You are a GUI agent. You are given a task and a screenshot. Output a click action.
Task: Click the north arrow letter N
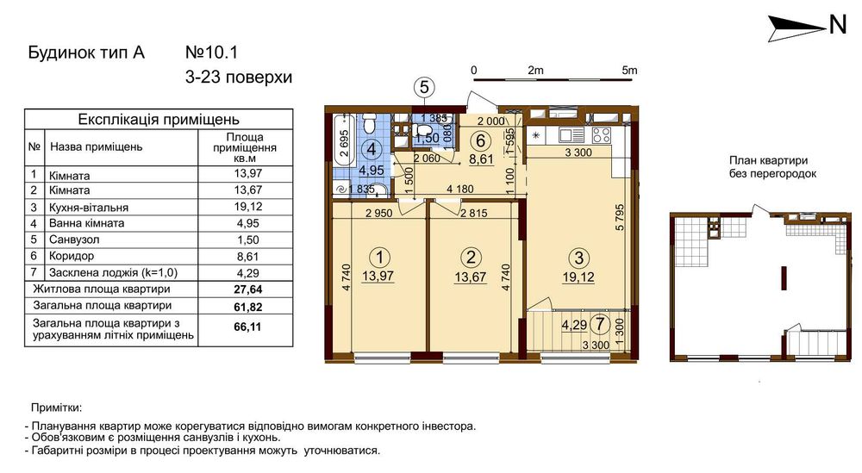click(x=837, y=25)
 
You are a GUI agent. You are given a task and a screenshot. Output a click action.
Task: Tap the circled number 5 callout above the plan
click(x=424, y=87)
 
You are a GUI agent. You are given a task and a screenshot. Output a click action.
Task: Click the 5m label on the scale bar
click(x=629, y=71)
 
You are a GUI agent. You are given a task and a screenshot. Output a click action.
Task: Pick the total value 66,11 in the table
click(x=248, y=327)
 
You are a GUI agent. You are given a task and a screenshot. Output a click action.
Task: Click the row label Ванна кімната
click(x=86, y=223)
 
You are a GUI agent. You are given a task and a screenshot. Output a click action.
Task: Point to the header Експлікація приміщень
click(x=159, y=119)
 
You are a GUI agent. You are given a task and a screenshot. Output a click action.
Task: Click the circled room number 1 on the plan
click(x=379, y=257)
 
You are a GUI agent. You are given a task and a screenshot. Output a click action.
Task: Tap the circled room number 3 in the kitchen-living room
click(x=578, y=257)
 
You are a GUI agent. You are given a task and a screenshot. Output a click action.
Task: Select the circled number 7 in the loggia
click(x=599, y=324)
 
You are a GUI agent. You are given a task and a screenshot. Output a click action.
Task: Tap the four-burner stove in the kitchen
click(x=601, y=134)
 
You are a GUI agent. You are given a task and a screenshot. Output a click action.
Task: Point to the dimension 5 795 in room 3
click(x=621, y=217)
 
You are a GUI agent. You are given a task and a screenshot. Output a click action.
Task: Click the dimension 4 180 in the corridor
click(x=459, y=189)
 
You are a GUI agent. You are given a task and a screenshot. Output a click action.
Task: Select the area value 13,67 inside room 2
click(x=470, y=277)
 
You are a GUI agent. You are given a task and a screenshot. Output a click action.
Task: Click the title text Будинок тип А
click(x=86, y=53)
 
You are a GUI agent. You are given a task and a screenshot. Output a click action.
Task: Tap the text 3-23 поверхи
click(x=239, y=78)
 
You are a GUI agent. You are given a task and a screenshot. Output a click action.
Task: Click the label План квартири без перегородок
click(x=772, y=167)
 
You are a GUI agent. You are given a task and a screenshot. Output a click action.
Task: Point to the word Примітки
click(x=56, y=408)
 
